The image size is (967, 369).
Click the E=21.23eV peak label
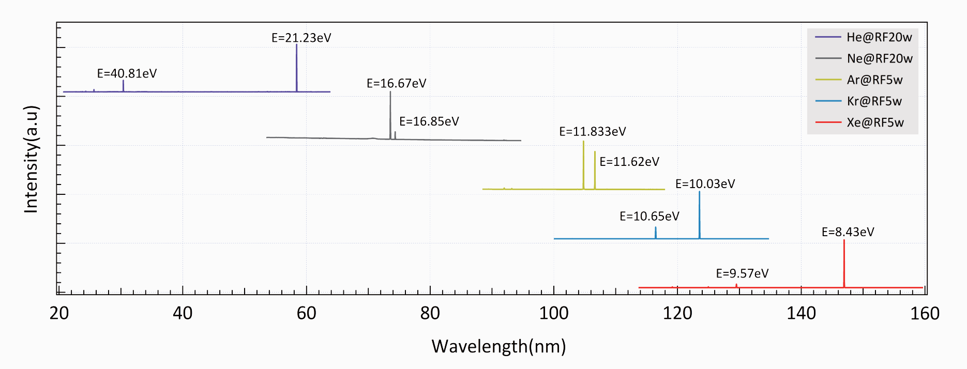tap(301, 38)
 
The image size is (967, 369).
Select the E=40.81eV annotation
tap(127, 73)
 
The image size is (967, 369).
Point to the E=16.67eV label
tap(396, 83)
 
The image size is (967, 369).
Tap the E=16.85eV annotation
tap(429, 121)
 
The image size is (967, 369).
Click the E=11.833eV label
tap(592, 131)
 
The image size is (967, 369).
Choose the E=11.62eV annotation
tap(629, 162)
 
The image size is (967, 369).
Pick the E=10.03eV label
tap(705, 184)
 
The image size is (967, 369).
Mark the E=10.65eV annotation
tap(649, 216)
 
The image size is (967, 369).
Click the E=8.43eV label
tap(848, 232)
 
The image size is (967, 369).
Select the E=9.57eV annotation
tap(742, 273)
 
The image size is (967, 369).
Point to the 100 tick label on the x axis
tap(554, 313)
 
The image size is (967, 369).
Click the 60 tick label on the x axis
tap(306, 313)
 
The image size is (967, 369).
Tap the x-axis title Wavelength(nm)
tap(498, 346)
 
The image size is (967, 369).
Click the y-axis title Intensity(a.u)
tap(31, 159)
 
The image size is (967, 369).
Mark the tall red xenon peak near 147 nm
tap(844, 264)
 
